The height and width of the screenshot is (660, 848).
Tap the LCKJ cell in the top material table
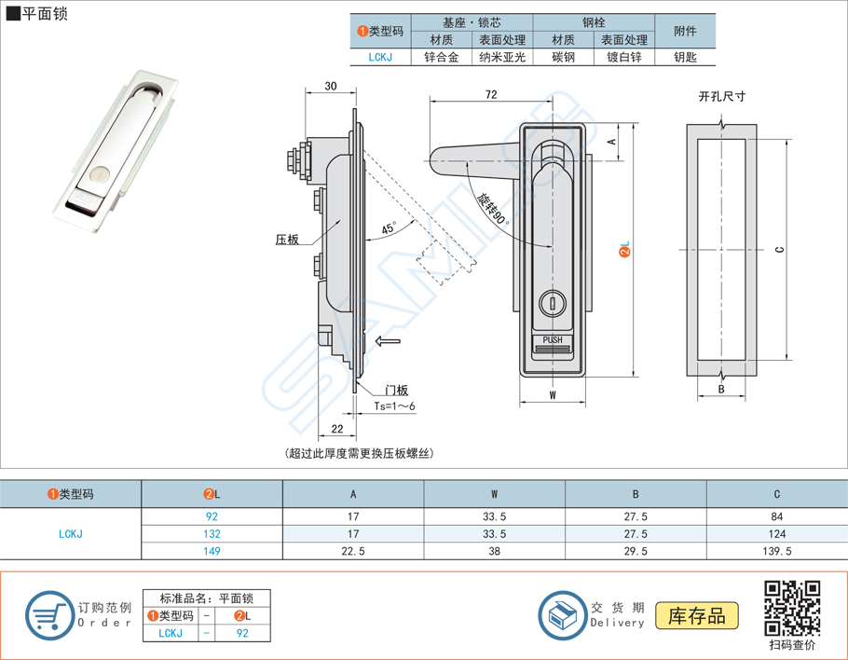379,58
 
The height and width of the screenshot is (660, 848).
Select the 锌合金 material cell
441,58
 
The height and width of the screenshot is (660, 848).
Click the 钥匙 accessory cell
685,58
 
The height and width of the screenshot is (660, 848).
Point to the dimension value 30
330,86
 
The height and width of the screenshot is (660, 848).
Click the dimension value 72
490,95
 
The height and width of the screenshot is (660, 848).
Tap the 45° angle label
388,228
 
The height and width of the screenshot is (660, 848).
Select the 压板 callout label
287,240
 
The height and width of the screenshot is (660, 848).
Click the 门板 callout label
397,391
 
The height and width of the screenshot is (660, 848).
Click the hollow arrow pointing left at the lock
388,342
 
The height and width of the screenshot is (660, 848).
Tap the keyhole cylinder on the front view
552,302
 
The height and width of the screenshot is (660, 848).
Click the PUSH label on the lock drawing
552,340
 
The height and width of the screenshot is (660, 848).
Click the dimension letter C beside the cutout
778,249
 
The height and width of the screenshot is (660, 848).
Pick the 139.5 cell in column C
776,551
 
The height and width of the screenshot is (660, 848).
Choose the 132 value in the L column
212,534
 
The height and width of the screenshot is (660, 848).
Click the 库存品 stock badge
697,615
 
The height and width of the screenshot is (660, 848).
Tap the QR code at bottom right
792,608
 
